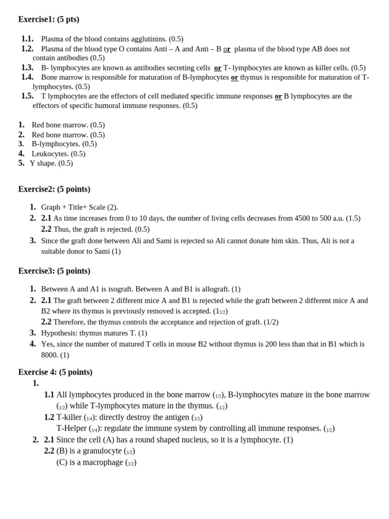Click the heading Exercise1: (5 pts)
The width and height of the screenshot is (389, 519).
coord(49,19)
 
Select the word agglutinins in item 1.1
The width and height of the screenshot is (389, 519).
coord(149,39)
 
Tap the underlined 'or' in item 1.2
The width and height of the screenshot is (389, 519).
coord(227,49)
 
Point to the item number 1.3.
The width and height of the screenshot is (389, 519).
coord(27,68)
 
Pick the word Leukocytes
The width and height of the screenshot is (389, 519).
coord(50,154)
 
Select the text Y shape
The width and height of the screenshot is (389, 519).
coord(43,163)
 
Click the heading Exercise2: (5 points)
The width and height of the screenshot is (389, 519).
coord(54,189)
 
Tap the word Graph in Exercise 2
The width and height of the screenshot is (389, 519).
coord(51,207)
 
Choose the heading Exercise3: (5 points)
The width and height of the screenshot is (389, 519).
coord(54,271)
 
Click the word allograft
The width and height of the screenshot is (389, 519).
coord(213,289)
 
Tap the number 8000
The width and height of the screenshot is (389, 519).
coord(50,355)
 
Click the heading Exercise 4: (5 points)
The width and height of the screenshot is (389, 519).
coord(55,372)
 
